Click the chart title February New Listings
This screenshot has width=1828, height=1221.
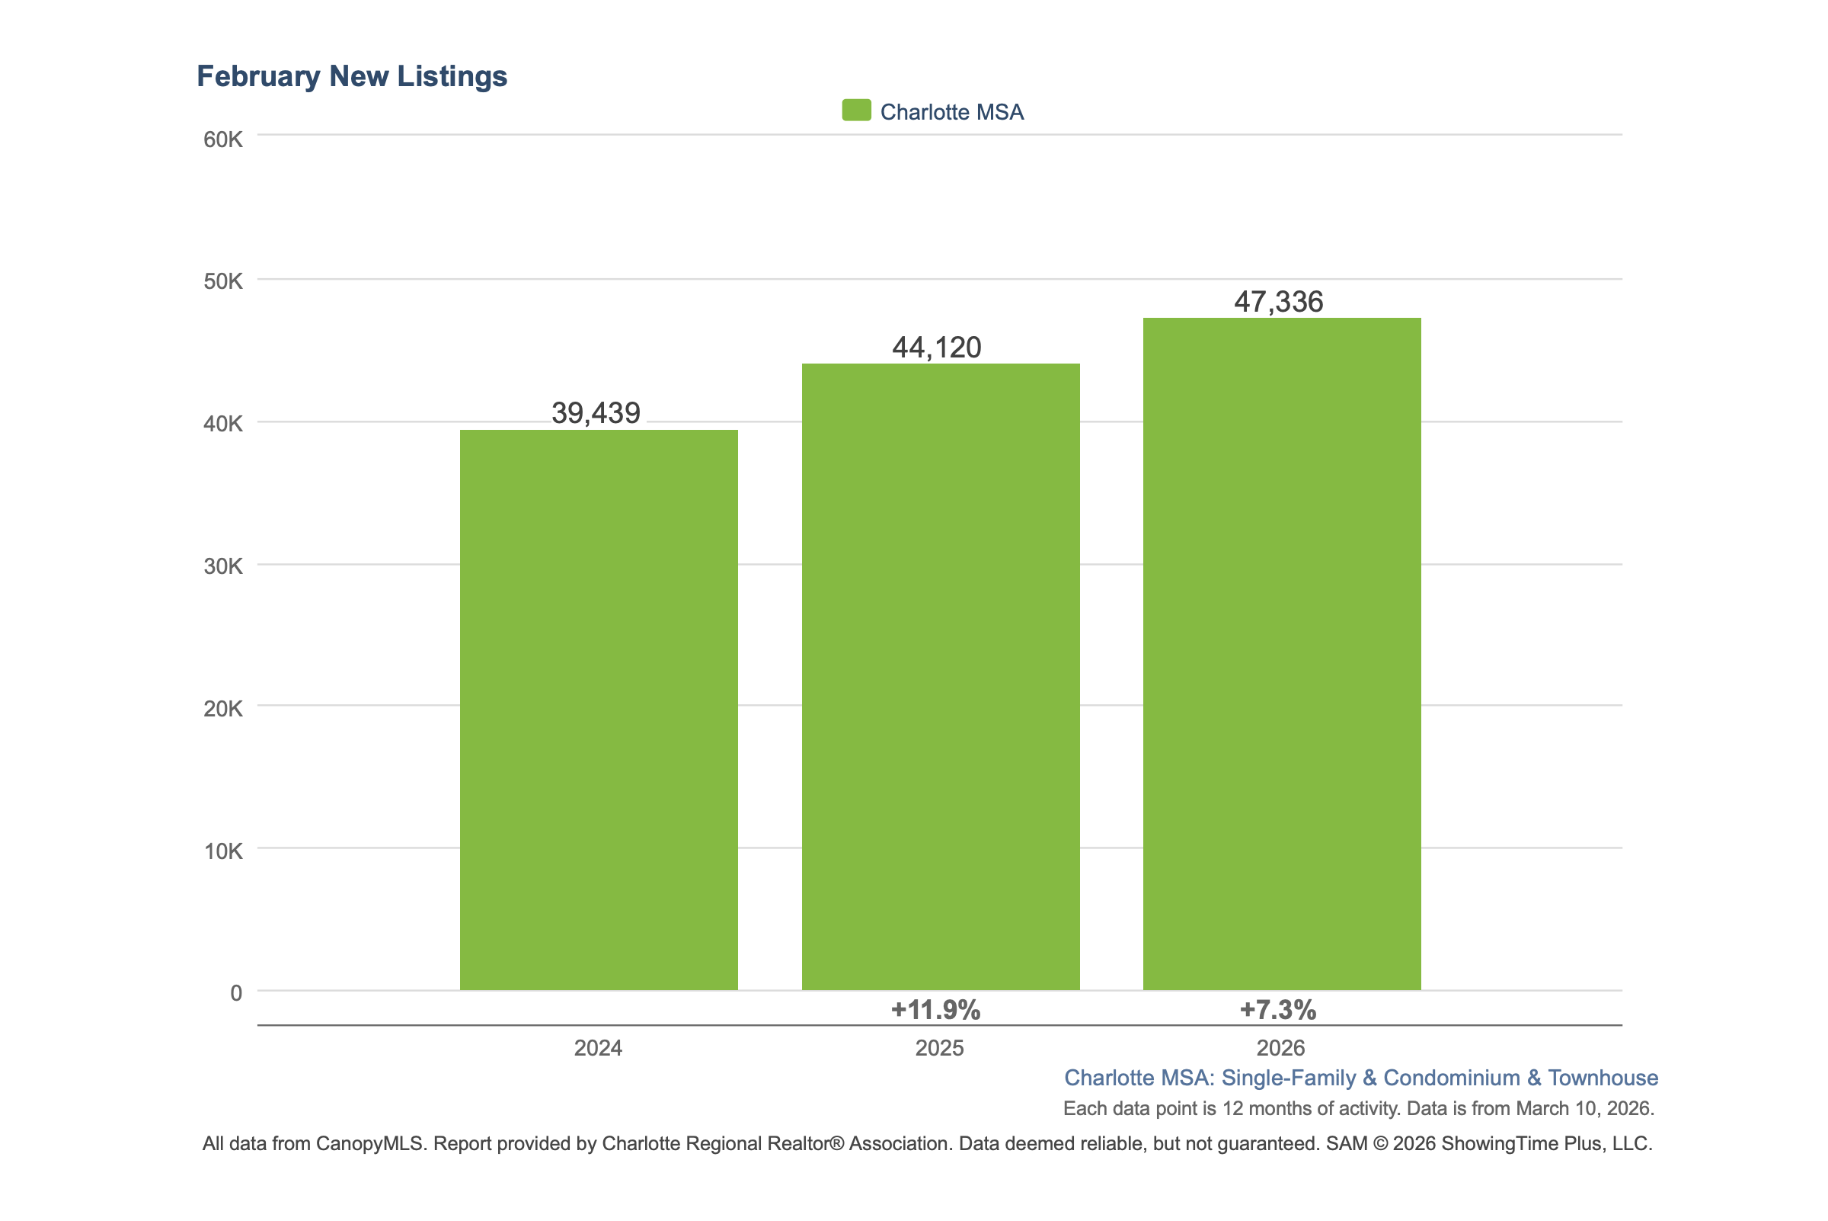tap(352, 76)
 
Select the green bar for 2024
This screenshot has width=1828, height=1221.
tap(599, 710)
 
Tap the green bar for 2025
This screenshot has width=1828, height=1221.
tap(940, 677)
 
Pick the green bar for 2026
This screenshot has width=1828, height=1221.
tap(1281, 653)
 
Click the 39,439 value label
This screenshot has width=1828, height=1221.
tap(596, 412)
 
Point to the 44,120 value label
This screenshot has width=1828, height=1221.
tap(936, 348)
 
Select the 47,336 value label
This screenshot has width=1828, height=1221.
tap(1278, 301)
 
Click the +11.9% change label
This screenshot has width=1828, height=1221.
tap(935, 1010)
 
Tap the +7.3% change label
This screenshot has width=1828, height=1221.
tap(1277, 1010)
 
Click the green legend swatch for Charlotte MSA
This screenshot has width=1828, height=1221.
tap(856, 111)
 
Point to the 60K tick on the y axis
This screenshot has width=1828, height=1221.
tap(222, 139)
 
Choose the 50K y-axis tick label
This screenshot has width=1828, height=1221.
tap(222, 281)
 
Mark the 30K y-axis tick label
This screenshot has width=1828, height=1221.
tap(222, 566)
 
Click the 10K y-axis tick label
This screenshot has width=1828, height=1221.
tap(222, 851)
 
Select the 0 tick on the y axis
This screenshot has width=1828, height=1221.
tap(236, 993)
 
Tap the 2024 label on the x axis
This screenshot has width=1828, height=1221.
tap(598, 1048)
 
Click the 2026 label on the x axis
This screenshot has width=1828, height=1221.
tap(1280, 1048)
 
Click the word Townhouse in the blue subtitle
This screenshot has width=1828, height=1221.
tap(1603, 1078)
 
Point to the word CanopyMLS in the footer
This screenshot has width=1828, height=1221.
tap(369, 1143)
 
